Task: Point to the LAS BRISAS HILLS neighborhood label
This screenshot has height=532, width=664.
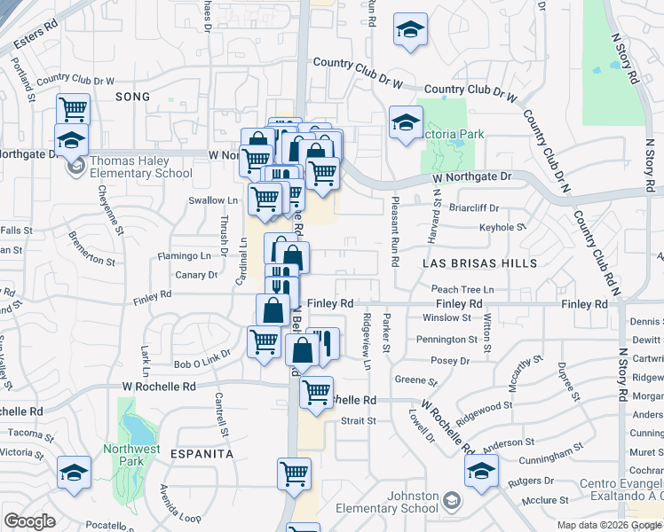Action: point(480,263)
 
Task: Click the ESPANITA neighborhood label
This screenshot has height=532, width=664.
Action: point(203,453)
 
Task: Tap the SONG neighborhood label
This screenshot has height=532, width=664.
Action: point(131,95)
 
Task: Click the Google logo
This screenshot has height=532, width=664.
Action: point(29,521)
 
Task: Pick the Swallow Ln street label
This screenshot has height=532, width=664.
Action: point(207,200)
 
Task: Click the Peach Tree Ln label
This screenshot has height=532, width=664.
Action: point(462,289)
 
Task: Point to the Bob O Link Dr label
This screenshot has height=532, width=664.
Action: point(200,364)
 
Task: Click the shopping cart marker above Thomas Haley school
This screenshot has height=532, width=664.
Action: point(73,109)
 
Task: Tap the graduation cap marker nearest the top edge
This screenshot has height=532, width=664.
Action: point(410,30)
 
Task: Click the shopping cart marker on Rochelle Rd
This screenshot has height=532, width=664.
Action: point(316,391)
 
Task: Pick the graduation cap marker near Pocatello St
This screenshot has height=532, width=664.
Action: point(74,472)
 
